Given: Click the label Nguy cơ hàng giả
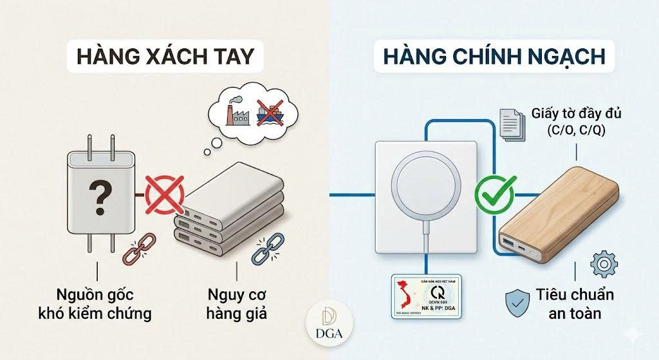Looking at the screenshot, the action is [237, 304].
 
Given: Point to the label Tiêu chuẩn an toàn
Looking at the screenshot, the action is [575, 304].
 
